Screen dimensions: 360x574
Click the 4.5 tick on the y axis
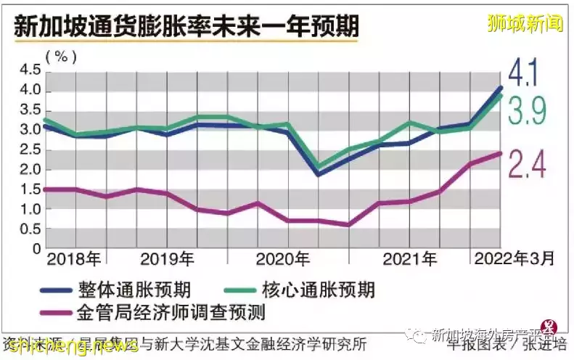tap(30, 70)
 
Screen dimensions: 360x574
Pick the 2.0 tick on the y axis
tap(30, 170)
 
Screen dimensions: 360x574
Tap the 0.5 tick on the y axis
tap(30, 229)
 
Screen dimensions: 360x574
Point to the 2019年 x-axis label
tap(167, 259)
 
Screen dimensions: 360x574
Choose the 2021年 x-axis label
tap(410, 259)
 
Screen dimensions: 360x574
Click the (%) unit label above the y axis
tap(61, 55)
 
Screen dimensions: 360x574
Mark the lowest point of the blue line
tap(317, 175)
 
